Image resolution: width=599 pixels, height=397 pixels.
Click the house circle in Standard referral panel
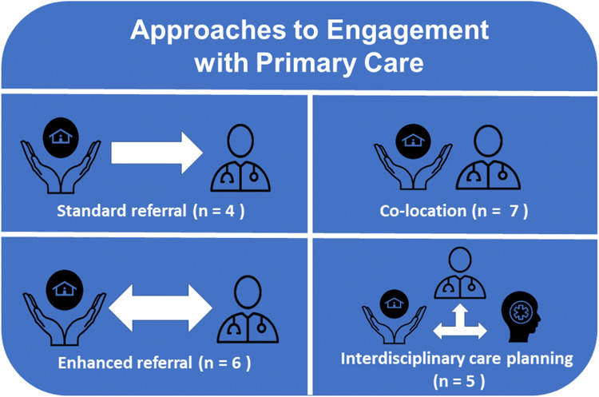[x=60, y=133]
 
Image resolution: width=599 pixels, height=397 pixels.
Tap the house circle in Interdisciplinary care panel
[x=390, y=303]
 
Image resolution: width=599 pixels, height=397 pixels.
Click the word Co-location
[x=419, y=213]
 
